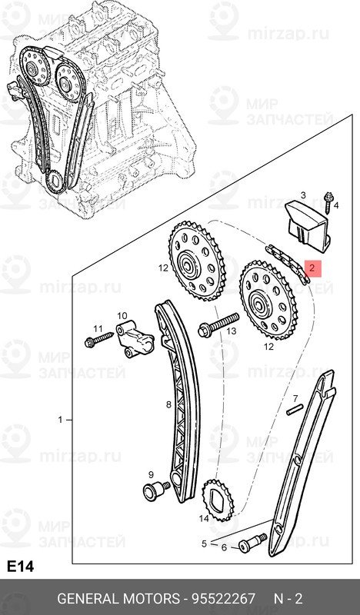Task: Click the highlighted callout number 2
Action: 312,268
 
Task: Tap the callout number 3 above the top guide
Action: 303,196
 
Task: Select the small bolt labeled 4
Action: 331,201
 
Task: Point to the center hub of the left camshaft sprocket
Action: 187,269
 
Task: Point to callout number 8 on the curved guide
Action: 168,404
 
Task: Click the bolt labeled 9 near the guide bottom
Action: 155,489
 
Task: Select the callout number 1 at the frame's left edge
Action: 60,421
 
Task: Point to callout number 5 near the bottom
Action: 204,544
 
